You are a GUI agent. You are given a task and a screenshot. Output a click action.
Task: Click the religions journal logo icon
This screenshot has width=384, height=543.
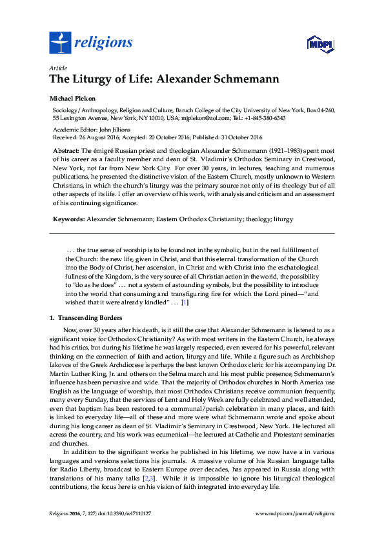[60, 43]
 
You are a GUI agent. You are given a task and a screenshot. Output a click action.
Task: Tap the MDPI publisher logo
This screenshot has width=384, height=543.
[319, 44]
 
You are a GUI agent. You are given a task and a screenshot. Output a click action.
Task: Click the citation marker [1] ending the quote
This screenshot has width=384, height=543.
[184, 302]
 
